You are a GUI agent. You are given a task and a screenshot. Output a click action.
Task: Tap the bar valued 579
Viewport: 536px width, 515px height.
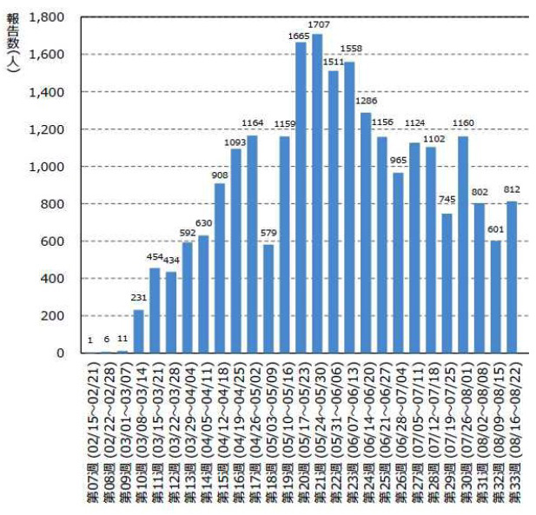268,299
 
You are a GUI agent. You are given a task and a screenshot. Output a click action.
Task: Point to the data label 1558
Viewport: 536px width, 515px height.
352,49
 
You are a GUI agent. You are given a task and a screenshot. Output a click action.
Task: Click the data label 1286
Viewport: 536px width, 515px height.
367,101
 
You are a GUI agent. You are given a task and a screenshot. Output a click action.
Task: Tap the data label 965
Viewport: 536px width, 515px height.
399,161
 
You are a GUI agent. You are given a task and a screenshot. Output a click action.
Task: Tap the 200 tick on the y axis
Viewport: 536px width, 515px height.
52,316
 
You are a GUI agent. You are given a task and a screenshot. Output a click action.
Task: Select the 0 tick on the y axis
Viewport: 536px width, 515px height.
59,353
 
